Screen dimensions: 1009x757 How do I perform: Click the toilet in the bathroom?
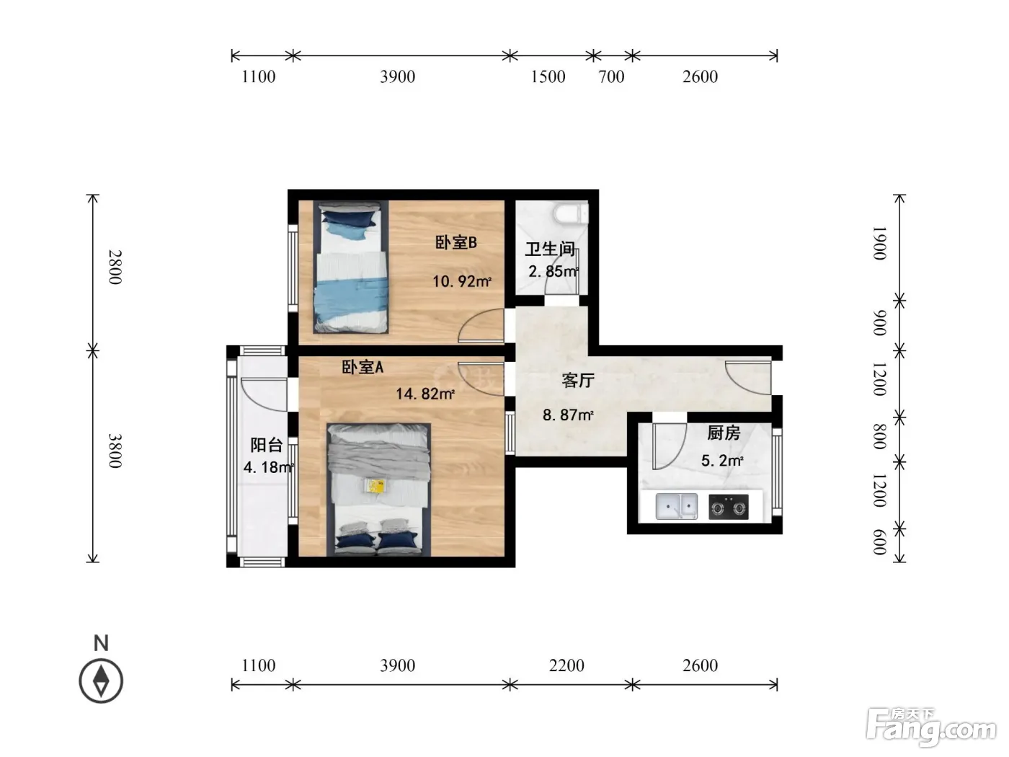point(571,213)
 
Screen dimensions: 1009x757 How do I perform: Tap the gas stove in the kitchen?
point(728,507)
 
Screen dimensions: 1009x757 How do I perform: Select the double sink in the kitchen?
point(676,507)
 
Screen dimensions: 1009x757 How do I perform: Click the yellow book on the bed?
point(376,486)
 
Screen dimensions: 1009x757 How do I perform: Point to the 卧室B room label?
point(456,243)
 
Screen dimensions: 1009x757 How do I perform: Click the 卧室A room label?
point(363,367)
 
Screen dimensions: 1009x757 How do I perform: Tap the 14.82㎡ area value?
point(425,394)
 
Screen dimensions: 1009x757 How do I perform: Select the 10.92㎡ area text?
point(462,281)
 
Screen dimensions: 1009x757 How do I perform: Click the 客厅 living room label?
point(578,381)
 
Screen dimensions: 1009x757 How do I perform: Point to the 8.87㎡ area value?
point(568,415)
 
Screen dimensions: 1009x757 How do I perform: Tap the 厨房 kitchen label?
point(724,433)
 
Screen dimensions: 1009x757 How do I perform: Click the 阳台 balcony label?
point(266,445)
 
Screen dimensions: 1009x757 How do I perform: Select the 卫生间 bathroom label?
point(550,249)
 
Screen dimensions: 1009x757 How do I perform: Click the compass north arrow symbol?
point(101,681)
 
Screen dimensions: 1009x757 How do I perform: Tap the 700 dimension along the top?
point(611,76)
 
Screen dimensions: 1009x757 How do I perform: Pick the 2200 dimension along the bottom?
point(566,665)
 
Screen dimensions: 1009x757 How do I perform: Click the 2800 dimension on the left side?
point(115,267)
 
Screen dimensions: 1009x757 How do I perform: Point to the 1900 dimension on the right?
point(879,243)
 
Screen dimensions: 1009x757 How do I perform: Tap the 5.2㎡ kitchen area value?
point(722,461)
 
